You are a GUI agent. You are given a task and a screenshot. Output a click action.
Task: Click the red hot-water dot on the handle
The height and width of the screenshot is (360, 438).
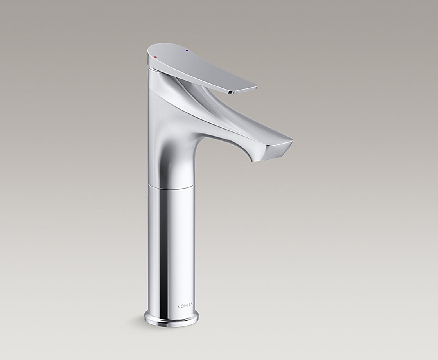[155, 57]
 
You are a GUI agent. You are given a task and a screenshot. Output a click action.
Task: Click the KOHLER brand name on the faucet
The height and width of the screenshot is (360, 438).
[185, 307]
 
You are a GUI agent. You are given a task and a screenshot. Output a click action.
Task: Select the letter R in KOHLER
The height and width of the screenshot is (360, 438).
[192, 306]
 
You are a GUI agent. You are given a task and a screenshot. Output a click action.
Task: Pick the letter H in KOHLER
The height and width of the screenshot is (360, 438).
[184, 307]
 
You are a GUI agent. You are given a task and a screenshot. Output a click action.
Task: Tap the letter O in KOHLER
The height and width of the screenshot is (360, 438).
[182, 307]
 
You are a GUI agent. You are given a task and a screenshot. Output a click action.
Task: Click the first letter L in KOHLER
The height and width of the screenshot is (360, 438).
[187, 307]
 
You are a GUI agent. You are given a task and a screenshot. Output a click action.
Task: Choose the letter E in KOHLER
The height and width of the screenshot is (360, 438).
[189, 307]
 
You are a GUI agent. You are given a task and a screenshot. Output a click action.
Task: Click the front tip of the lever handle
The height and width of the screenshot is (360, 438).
[256, 88]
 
